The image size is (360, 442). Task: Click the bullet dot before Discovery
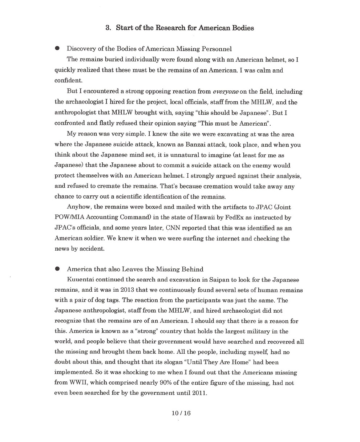(x=57, y=48)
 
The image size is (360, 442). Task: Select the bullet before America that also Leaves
(x=57, y=269)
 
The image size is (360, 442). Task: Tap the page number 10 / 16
(x=181, y=413)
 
